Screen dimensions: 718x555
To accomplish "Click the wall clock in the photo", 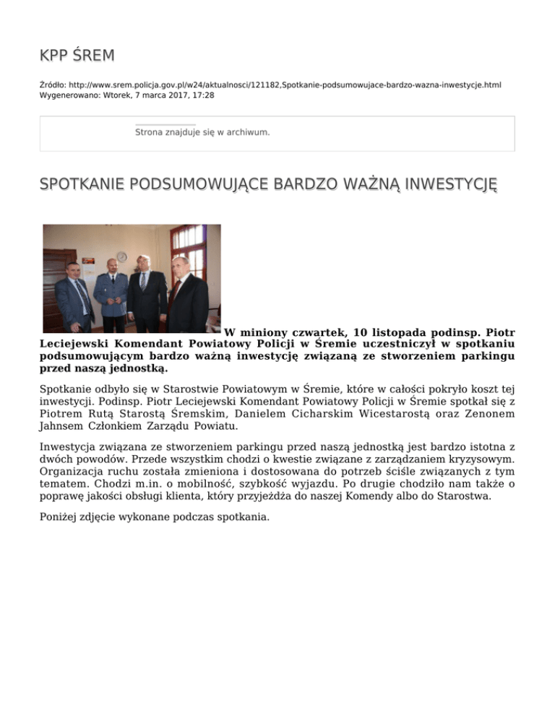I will coord(122,256).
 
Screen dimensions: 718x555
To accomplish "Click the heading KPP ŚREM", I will coord(77,56).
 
